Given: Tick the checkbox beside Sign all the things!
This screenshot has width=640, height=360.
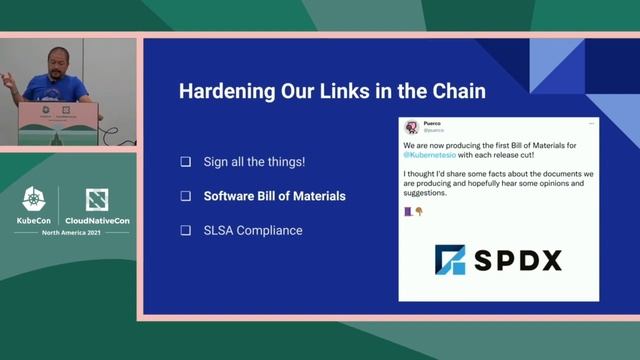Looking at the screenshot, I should point(185,161).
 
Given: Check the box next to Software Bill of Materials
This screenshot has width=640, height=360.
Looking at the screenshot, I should point(185,196).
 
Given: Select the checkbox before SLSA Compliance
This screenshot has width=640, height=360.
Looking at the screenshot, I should point(185,231).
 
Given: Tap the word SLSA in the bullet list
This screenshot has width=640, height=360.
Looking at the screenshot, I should point(219,231).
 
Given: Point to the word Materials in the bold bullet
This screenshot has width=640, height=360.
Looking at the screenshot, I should point(317,196).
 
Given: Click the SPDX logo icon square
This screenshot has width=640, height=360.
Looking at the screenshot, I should point(450,260).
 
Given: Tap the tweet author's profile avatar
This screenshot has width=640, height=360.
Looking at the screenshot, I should point(411,127).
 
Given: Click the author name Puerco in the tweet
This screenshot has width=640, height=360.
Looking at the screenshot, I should point(433,124).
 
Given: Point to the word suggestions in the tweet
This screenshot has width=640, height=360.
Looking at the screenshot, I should point(431,193).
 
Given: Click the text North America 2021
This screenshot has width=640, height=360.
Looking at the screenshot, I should point(71,232).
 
